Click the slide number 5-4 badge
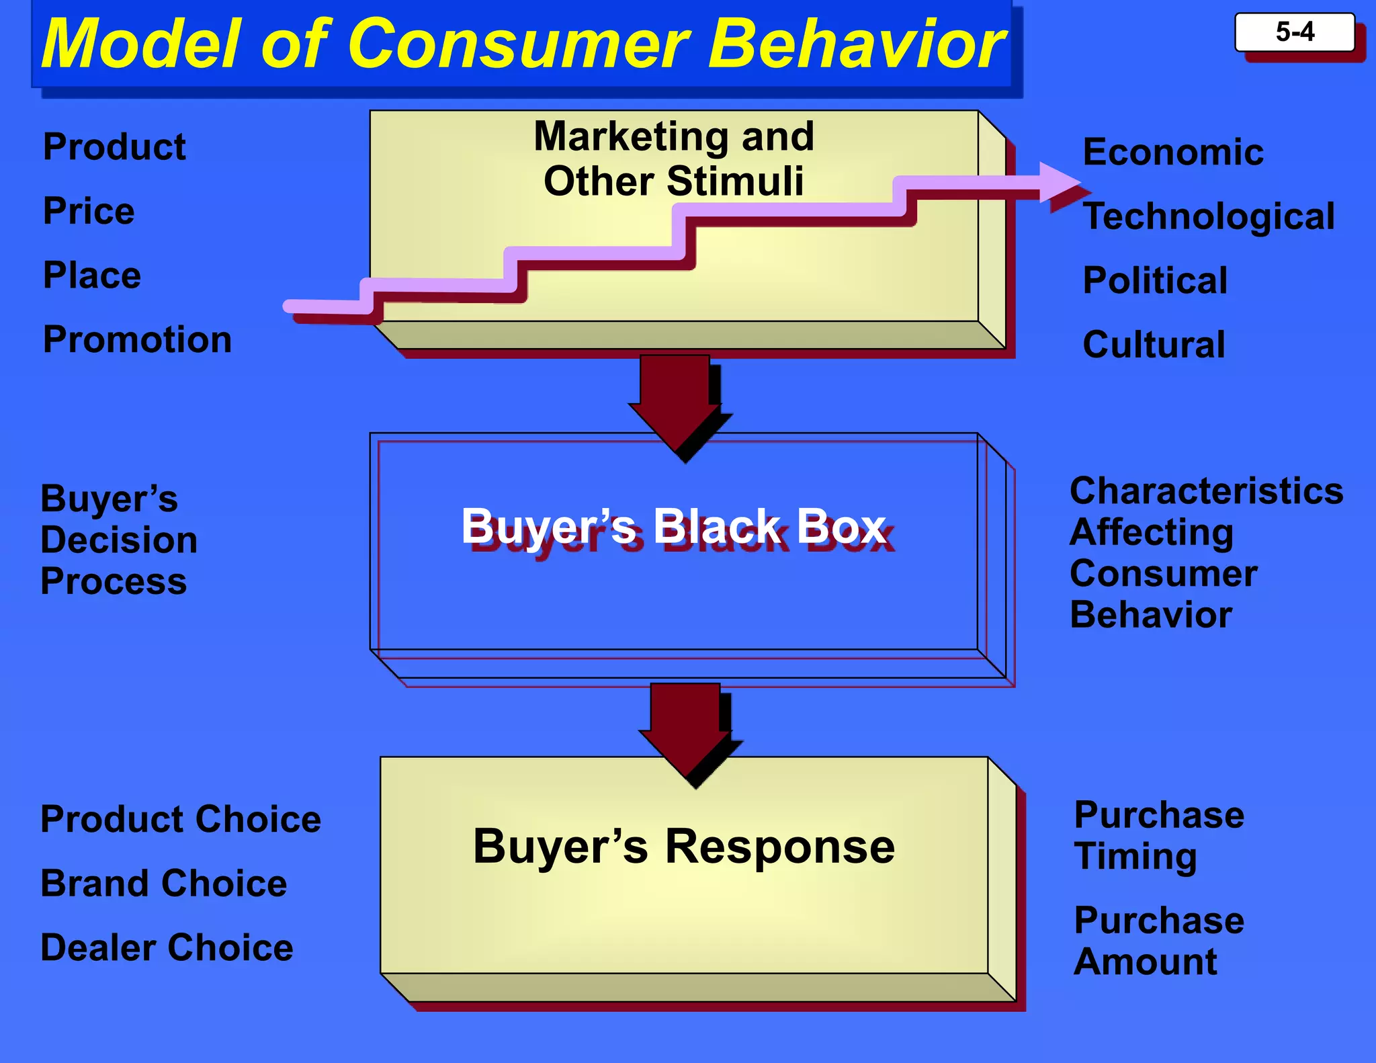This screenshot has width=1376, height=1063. pos(1294,32)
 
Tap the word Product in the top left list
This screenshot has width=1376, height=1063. pos(114,147)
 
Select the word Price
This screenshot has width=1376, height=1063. pos(89,211)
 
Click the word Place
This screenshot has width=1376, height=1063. pos(92,275)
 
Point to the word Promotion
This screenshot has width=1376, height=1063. pos(137,339)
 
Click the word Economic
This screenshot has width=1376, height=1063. pos(1173,152)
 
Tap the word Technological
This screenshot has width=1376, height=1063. pos(1209,216)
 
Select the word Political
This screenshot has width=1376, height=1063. pos(1155,280)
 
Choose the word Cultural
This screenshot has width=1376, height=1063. pos(1154,345)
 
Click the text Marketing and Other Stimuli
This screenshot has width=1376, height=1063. pos(673,159)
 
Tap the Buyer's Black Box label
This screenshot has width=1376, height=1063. pos(673,526)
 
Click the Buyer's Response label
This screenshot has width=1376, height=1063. pos(683,846)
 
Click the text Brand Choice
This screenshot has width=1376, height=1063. pos(163,883)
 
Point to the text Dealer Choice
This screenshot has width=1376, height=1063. pos(167,947)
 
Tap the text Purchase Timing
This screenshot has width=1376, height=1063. pos(1158,835)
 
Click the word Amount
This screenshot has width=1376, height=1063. pos(1145,962)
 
